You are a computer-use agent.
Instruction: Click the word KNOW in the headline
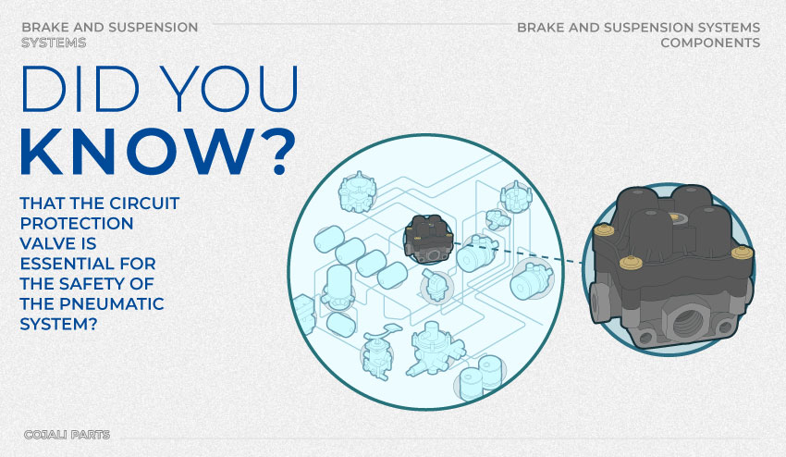134,152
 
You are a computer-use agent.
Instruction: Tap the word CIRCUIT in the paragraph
144,204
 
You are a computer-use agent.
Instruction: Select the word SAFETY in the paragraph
91,284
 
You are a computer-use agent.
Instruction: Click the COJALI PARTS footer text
68,435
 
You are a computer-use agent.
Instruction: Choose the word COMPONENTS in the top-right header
710,43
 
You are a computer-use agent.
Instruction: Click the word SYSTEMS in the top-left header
54,43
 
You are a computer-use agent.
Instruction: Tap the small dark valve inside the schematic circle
429,239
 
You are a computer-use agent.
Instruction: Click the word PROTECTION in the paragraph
77,224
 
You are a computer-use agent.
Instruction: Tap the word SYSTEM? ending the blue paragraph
58,324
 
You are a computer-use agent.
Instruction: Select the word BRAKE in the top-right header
541,28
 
